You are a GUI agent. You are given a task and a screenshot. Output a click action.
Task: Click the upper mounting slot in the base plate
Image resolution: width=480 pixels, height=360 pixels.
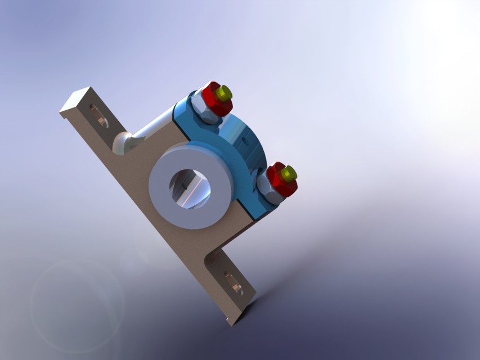(x=98, y=115)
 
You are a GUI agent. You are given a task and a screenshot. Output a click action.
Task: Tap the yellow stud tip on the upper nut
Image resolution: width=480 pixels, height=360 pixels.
(x=225, y=93)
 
